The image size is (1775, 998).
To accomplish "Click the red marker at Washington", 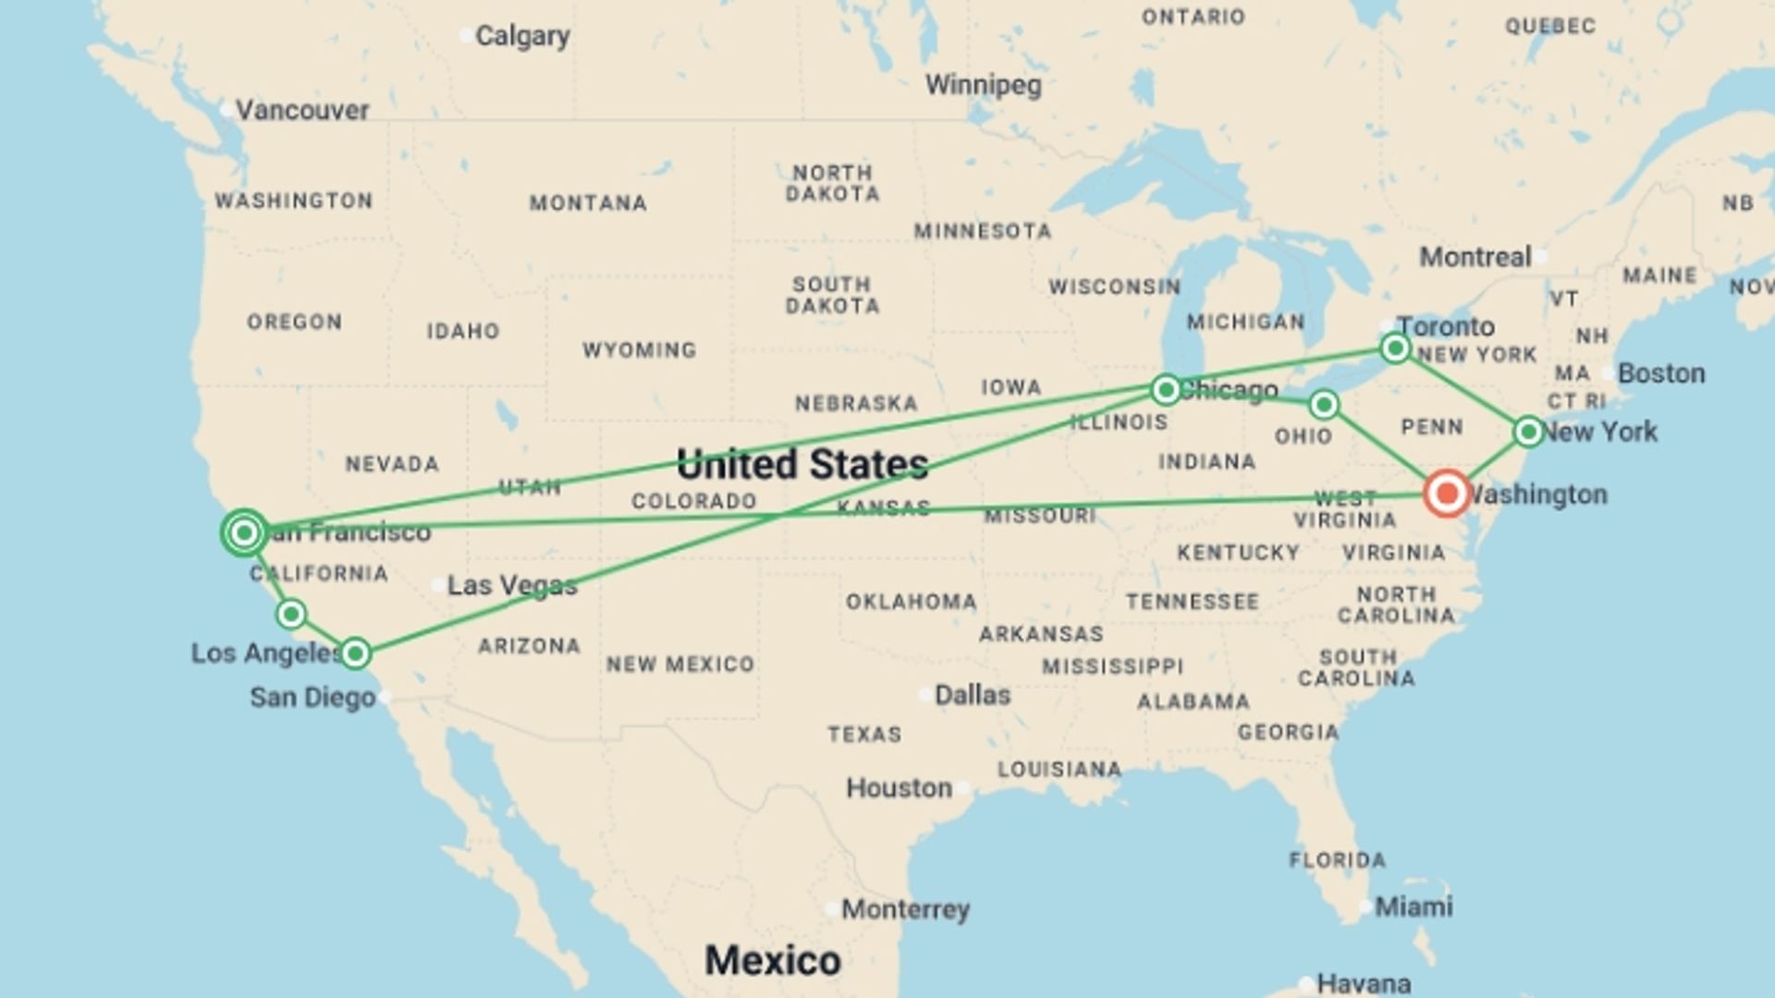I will (x=1447, y=493).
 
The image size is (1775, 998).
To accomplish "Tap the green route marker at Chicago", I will (x=1166, y=390).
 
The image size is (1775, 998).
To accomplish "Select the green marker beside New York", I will (x=1528, y=432).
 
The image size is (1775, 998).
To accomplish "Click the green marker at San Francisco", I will (x=244, y=532).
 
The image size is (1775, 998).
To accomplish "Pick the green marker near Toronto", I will (x=1395, y=348).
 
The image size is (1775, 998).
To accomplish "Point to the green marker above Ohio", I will (x=1324, y=405).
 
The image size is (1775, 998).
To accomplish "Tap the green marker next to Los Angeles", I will (x=355, y=653).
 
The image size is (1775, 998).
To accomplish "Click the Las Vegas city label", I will (x=512, y=585).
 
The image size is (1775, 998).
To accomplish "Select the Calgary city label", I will (x=522, y=36).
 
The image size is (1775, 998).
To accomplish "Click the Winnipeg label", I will (x=984, y=85).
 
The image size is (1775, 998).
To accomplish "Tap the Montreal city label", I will (x=1475, y=257).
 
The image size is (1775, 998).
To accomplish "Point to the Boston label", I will (x=1661, y=373).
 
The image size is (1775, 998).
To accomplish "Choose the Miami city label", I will (x=1414, y=907).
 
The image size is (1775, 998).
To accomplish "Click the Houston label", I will (x=900, y=788).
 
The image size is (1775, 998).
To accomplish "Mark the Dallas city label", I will (x=973, y=695).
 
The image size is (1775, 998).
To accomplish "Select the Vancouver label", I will (x=302, y=110).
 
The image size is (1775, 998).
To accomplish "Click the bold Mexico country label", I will (x=773, y=960).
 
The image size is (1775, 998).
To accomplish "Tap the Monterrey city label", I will (x=905, y=909).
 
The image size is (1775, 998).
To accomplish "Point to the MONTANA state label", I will (x=588, y=203).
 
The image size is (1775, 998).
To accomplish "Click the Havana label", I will (x=1364, y=983).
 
